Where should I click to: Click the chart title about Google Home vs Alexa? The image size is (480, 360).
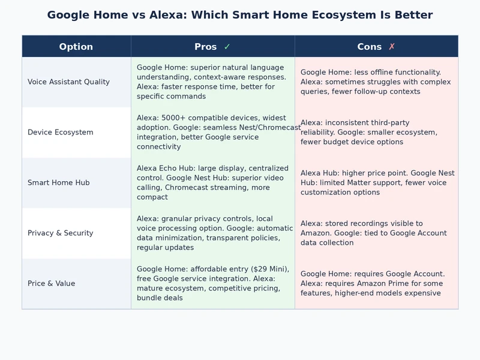tap(240, 15)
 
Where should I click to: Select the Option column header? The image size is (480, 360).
tap(76, 47)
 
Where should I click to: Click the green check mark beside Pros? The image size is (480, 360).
tap(227, 47)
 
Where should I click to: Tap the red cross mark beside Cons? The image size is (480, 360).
tap(392, 47)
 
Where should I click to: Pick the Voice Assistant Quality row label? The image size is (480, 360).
tap(68, 82)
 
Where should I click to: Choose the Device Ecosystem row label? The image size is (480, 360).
tap(60, 132)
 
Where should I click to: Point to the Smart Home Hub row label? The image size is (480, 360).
tap(58, 182)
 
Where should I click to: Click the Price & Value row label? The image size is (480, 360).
tap(51, 283)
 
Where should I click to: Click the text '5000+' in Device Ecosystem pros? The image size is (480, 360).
tap(175, 118)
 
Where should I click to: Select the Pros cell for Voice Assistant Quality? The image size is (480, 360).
tap(212, 82)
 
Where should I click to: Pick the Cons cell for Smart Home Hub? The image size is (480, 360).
tap(376, 182)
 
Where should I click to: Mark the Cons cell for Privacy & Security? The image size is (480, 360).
tap(376, 233)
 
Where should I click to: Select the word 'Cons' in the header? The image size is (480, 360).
tap(369, 47)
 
